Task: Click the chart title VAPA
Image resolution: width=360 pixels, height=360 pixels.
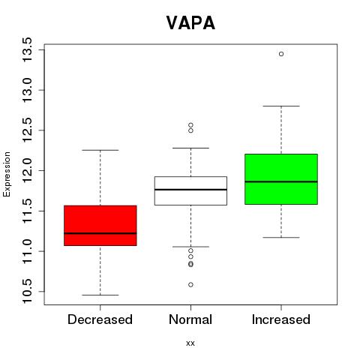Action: point(190,22)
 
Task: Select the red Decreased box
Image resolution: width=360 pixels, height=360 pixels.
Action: point(100,226)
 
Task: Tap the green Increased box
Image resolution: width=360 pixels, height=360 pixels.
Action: point(281,179)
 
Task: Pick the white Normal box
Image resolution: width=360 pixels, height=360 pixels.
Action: point(190,190)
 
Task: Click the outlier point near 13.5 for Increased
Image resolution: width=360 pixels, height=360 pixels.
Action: point(281,54)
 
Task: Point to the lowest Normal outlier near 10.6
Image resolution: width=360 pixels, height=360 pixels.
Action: point(190,284)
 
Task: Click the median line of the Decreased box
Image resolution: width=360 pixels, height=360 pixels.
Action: point(100,233)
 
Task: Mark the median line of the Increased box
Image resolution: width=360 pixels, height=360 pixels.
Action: point(281,181)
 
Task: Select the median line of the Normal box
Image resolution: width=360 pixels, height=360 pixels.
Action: point(190,190)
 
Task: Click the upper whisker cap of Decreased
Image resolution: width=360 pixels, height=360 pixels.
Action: point(100,150)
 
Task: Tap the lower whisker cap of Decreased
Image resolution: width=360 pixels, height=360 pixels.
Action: point(100,295)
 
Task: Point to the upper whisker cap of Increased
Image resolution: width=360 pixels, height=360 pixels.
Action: point(281,106)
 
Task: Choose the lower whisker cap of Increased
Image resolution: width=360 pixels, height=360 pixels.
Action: point(281,237)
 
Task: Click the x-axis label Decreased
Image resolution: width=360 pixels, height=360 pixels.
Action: point(100,319)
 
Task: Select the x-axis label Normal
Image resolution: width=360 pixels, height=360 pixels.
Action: point(190,319)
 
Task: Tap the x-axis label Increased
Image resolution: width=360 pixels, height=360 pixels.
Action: point(281,319)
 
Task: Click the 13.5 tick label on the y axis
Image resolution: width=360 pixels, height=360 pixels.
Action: point(27,49)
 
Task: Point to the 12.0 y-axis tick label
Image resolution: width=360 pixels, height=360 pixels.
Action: point(27,170)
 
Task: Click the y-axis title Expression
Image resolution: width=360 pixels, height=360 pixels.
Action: point(7,175)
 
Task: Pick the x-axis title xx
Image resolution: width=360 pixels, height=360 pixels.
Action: point(190,343)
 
